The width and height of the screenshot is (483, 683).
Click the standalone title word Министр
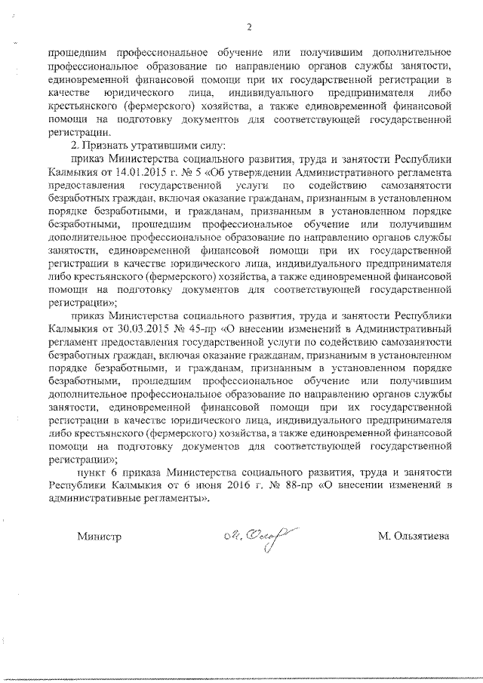(98, 537)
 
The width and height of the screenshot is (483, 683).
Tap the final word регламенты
(177, 499)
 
